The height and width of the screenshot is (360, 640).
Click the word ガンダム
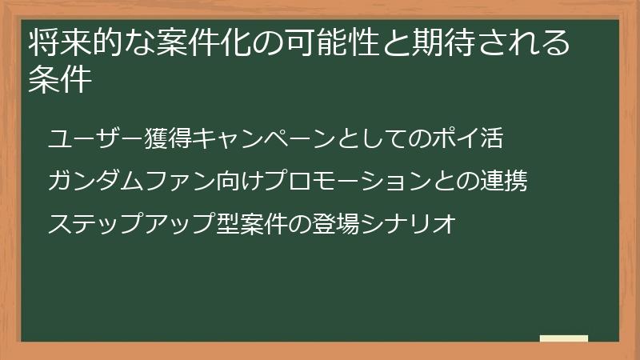tap(97, 181)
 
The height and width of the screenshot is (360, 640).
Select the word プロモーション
tap(349, 181)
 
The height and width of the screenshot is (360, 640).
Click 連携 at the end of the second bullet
tap(503, 181)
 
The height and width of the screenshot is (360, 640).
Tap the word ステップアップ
tap(133, 223)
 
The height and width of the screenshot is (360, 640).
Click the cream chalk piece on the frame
tap(564, 338)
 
